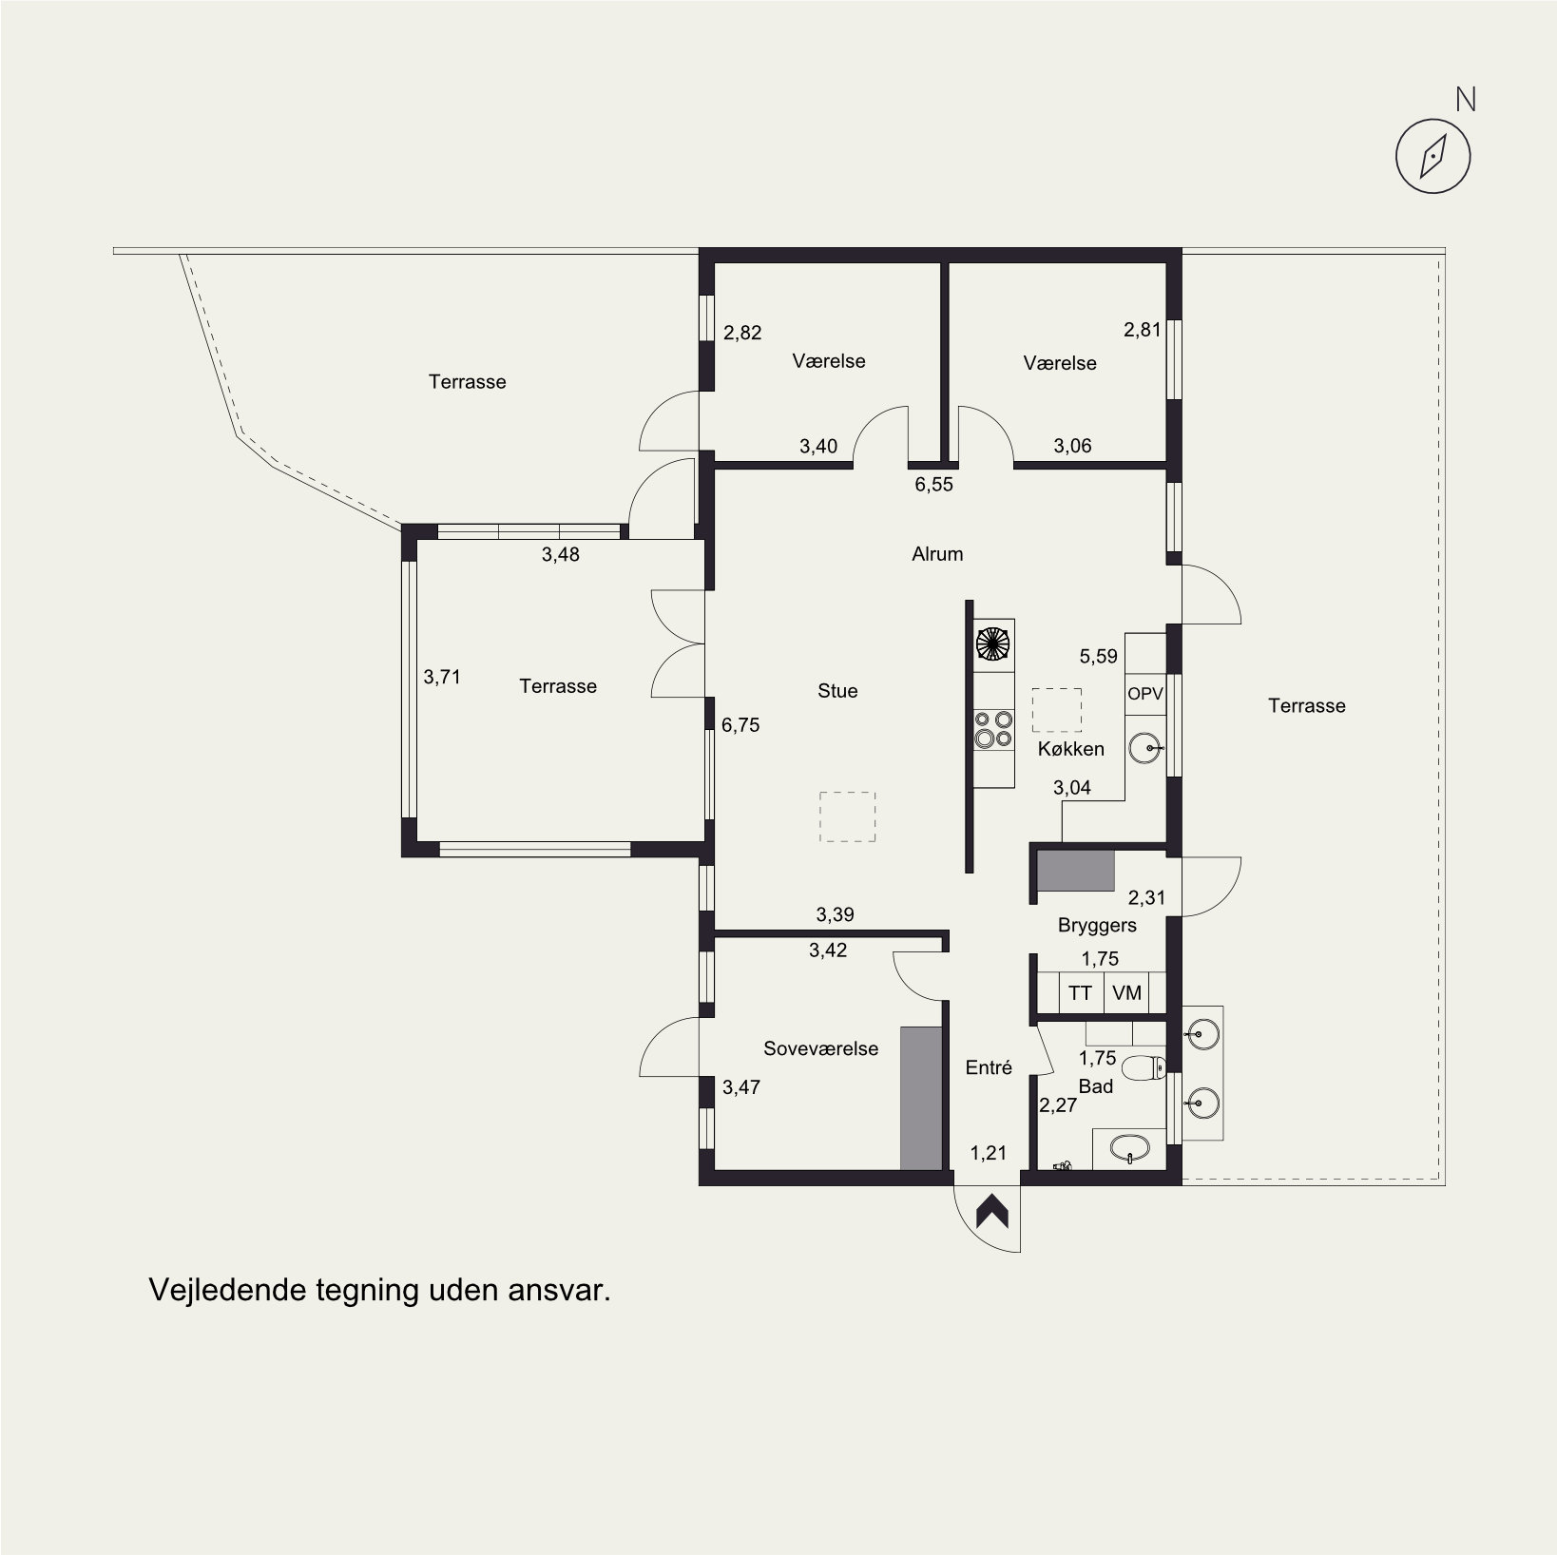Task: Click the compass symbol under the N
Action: (x=1432, y=157)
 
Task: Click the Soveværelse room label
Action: (x=821, y=1048)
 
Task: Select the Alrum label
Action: (x=937, y=554)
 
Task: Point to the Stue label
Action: (x=837, y=691)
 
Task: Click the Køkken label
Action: (x=1071, y=749)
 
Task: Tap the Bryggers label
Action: (x=1097, y=925)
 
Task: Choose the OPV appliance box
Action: (x=1145, y=694)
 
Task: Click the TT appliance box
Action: (x=1081, y=993)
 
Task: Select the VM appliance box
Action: (x=1126, y=993)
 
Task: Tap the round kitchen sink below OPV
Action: (x=1145, y=749)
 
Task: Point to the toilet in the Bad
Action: (x=1144, y=1069)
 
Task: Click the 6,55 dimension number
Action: (x=933, y=485)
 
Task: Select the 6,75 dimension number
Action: (x=740, y=725)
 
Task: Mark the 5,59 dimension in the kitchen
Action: (x=1098, y=656)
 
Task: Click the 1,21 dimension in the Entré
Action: (x=988, y=1154)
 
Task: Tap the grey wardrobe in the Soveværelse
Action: (x=921, y=1098)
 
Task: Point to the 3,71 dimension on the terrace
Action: (x=442, y=677)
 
